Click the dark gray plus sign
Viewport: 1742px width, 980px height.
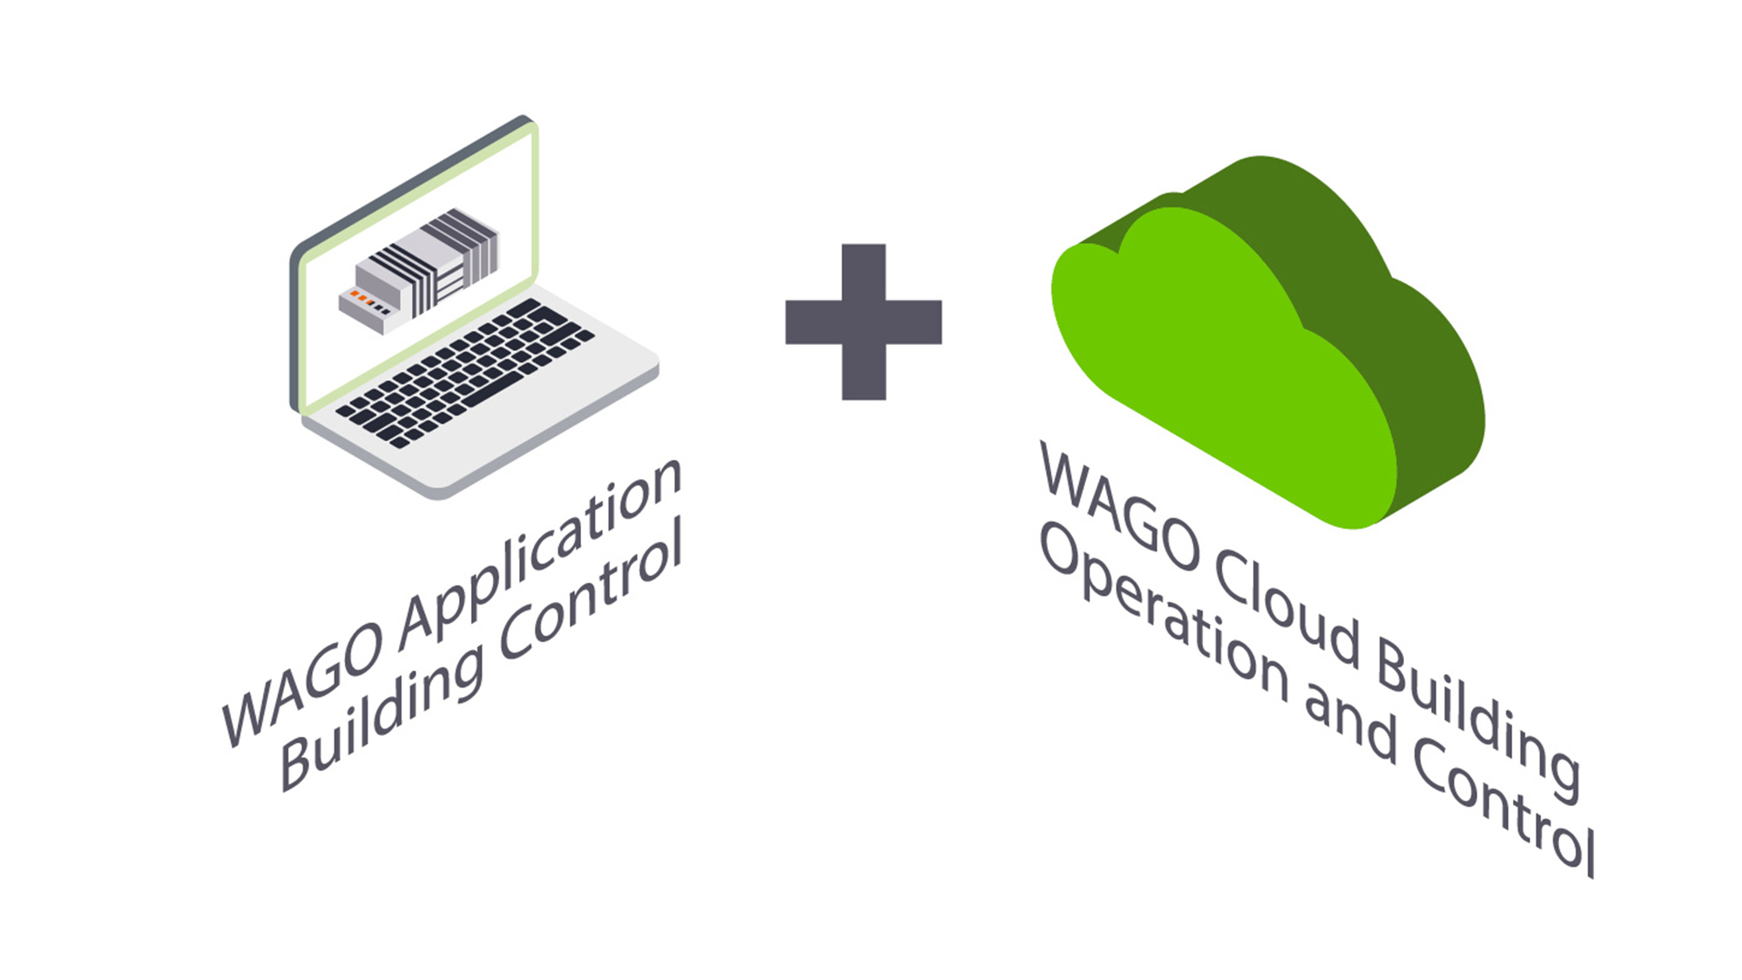pos(863,321)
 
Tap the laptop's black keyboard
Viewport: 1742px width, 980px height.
pos(464,373)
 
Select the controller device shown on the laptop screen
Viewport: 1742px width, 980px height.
pos(418,270)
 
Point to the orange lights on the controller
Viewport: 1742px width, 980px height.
pos(362,300)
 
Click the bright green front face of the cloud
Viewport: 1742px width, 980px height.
pos(1219,366)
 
